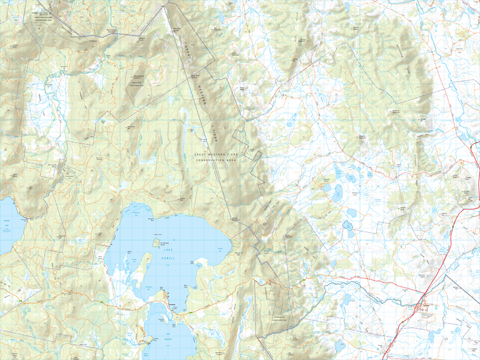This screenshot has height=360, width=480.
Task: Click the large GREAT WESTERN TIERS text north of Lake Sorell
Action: (x=217, y=155)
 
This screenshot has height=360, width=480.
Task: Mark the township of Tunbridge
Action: (x=424, y=305)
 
